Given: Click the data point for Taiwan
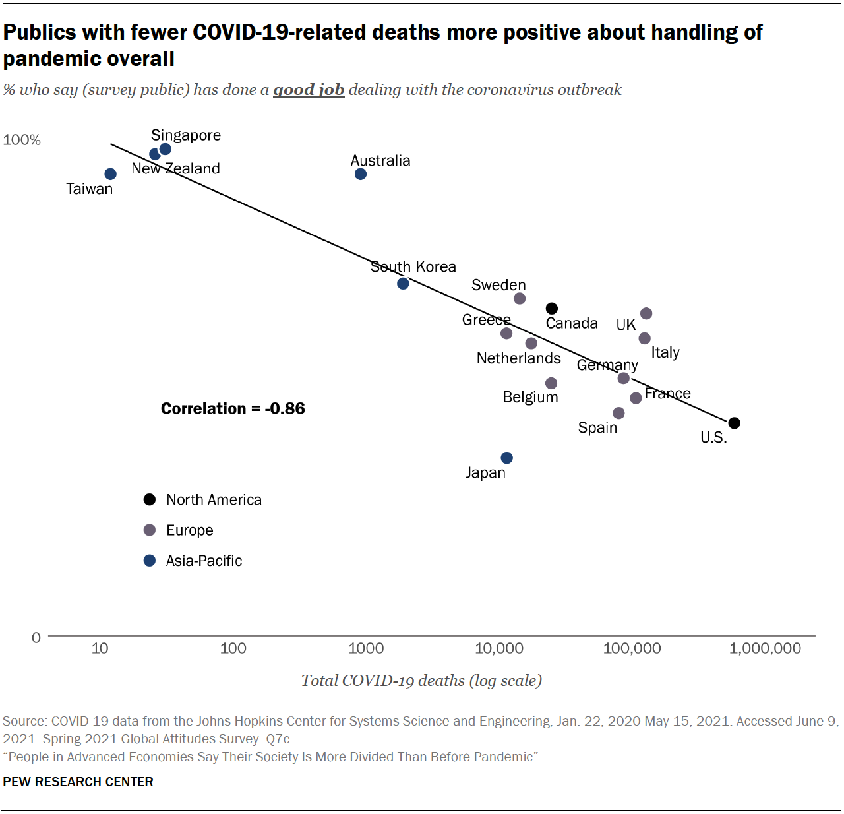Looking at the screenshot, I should pos(111,174).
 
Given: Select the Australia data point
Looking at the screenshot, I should pos(361,174).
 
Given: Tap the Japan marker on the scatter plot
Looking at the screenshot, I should pos(506,458).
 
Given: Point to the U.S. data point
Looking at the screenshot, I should pos(735,423).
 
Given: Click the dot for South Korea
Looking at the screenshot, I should pos(403,284).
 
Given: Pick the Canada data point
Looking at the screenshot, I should pos(552,309).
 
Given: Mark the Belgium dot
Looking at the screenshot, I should pos(551,383).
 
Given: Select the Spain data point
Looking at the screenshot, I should pos(618,413).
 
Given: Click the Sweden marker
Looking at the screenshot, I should pos(520,299).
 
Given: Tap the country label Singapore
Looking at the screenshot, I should pos(186,135).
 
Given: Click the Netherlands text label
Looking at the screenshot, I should pos(518,358).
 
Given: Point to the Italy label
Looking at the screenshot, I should pos(665,352).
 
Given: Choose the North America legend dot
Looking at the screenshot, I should pos(150,499).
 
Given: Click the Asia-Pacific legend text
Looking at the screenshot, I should pos(204,561).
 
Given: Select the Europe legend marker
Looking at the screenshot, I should pos(150,530).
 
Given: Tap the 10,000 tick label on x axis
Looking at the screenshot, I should pos(499,648).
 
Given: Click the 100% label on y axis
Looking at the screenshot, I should pos(22,140).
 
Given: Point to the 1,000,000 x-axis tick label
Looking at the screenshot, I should pos(765,648).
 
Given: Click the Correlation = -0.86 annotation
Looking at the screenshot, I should pos(233,409).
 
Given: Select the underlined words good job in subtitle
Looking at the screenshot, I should pos(309,90).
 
